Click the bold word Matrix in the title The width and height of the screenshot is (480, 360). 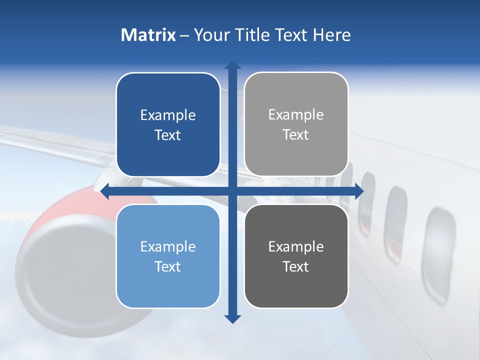pos(148,35)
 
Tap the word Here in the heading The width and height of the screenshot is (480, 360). pos(331,35)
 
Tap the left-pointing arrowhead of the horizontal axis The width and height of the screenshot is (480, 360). pos(104,191)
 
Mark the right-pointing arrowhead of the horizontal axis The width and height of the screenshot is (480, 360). pos(359,191)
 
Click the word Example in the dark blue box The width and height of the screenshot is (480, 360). pos(168,115)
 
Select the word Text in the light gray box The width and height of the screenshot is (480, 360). pos(296,135)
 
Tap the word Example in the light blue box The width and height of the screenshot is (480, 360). pos(168,246)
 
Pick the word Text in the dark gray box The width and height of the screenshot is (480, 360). pos(296,266)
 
